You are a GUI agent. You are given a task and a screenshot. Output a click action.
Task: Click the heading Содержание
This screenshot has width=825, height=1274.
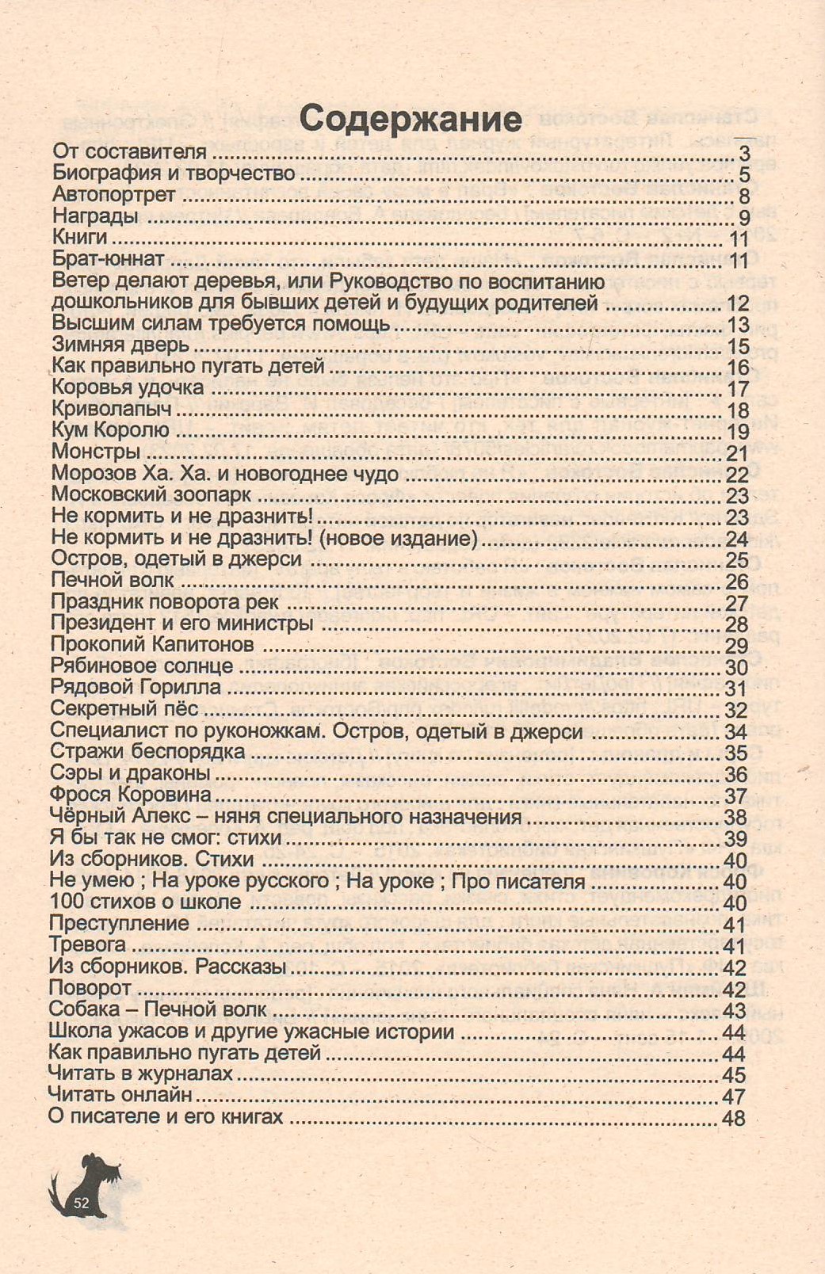(411, 119)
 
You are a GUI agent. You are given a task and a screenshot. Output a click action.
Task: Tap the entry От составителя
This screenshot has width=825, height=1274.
(129, 152)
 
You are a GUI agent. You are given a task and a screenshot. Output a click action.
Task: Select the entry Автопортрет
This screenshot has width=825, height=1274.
(114, 195)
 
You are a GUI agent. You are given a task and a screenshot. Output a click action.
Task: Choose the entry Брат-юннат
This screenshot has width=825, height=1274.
(109, 259)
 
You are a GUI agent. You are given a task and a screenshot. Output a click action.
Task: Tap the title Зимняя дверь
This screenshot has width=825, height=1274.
(120, 345)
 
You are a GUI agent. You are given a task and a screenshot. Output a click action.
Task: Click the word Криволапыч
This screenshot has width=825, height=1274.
(112, 410)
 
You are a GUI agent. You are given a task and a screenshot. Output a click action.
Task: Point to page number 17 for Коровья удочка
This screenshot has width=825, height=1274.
(738, 389)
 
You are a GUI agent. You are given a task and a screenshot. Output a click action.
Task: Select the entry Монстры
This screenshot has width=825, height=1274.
(96, 452)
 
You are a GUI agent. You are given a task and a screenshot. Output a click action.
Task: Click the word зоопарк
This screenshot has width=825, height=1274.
(216, 495)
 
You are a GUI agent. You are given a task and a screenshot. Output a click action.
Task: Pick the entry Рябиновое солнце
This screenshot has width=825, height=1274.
(142, 666)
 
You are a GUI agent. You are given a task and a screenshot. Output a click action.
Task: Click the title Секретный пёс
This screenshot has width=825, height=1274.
(124, 709)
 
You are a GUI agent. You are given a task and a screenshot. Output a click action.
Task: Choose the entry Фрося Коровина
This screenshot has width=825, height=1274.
(131, 795)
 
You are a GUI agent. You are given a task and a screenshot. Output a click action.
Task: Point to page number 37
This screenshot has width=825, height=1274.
(736, 796)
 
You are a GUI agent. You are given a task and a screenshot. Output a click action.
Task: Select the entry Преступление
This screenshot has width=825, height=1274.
(119, 924)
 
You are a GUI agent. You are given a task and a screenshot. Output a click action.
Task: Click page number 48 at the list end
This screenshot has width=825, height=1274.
(734, 1118)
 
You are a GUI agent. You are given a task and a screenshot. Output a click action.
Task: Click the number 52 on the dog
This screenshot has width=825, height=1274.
(81, 1203)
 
